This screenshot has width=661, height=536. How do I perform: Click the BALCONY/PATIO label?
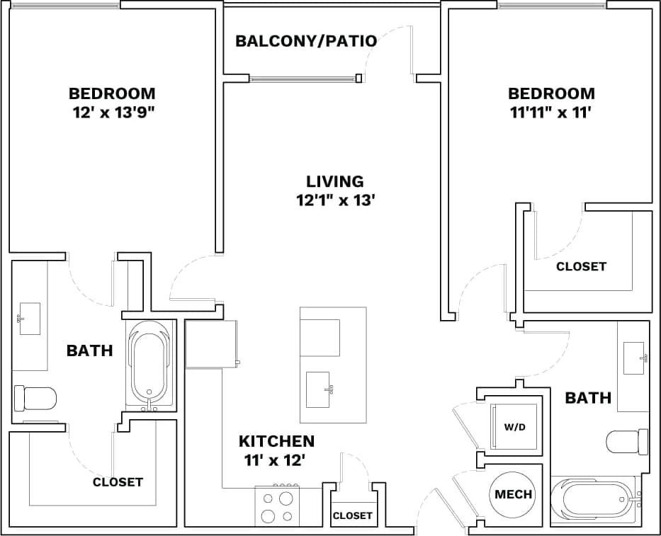tap(306, 40)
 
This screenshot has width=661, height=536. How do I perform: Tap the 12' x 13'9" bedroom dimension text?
tap(112, 112)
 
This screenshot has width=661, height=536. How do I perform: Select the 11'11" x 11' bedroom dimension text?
tap(551, 112)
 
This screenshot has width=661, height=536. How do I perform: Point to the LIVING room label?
tap(335, 181)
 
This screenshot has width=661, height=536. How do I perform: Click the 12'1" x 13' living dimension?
tap(335, 200)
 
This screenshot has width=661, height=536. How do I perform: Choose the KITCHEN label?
tap(276, 441)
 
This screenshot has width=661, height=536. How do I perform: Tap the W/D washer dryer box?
tap(514, 427)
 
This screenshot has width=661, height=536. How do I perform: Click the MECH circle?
tap(513, 494)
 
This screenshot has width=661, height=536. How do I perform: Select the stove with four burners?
tap(277, 506)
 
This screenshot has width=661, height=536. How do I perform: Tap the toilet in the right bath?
tap(628, 442)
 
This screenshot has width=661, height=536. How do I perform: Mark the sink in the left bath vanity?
tap(29, 318)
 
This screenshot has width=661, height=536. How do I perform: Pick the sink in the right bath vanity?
tap(634, 358)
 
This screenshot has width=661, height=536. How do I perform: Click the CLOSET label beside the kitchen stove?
tap(352, 515)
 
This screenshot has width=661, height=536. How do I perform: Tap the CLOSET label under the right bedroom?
tap(581, 266)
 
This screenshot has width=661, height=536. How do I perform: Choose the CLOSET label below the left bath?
tap(118, 482)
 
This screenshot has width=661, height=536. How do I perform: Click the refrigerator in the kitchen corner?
tap(210, 344)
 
